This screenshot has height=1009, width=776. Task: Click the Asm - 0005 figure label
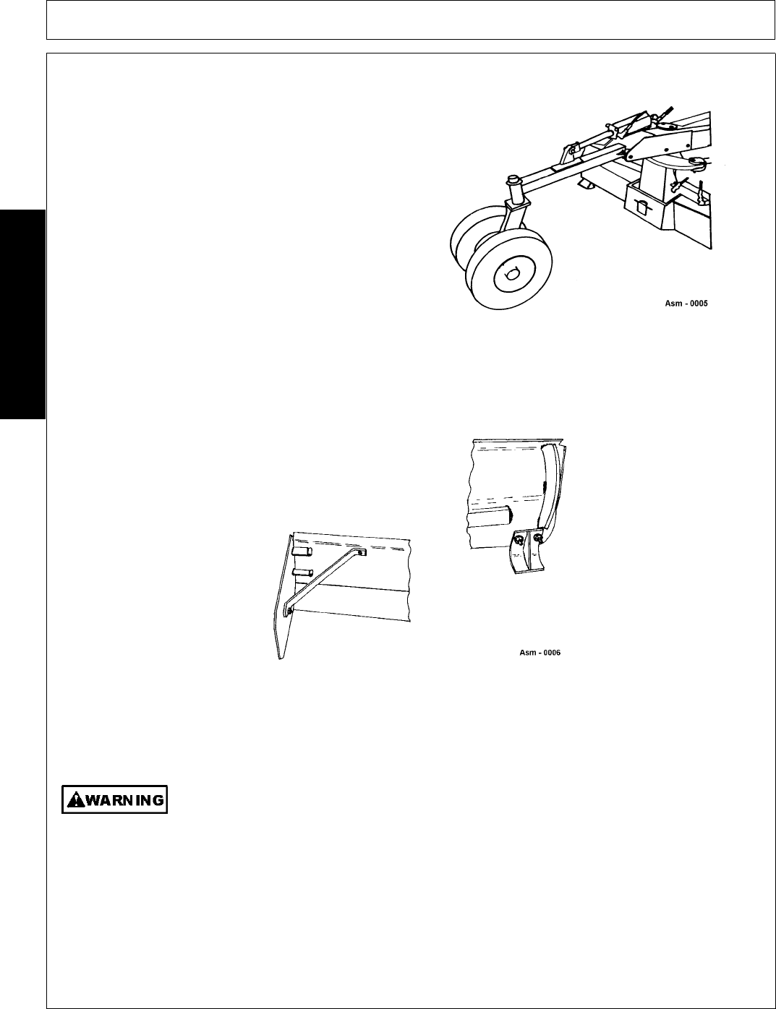686,304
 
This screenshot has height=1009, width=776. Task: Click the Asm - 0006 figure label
540,653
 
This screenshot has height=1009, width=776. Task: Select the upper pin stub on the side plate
302,551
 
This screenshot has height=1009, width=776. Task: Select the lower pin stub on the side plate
302,572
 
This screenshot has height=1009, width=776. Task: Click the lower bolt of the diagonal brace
290,610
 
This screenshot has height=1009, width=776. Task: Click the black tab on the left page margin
22,314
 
